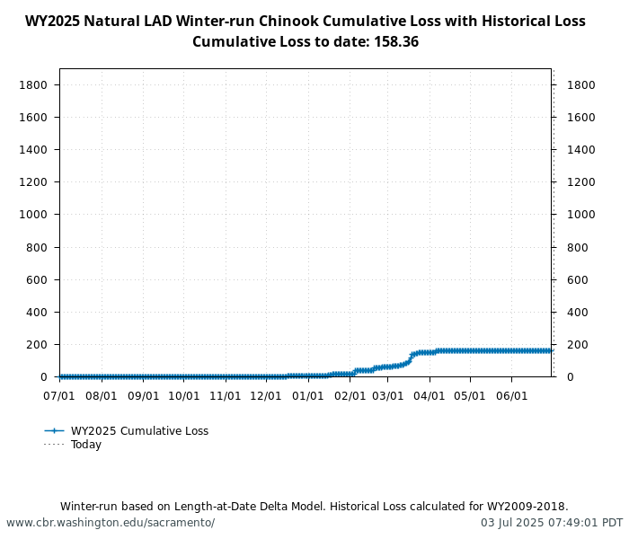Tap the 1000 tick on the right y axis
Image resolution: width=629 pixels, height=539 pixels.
tap(581, 215)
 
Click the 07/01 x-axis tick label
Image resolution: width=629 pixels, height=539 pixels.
tap(59, 395)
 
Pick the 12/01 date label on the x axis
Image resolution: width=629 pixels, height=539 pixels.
tap(266, 395)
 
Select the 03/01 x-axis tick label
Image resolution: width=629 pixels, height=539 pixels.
tap(388, 395)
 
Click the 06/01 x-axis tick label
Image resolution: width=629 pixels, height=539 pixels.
tap(512, 395)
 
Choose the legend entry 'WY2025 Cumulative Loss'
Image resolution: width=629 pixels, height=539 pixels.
tap(139, 431)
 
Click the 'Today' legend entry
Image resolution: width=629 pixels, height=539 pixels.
tap(86, 445)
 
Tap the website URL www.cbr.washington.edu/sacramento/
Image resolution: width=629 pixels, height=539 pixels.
tap(111, 523)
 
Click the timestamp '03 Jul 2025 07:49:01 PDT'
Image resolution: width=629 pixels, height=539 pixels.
tap(551, 523)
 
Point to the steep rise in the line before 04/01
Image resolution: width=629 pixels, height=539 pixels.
tap(411, 358)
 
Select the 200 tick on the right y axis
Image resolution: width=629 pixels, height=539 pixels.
tap(578, 345)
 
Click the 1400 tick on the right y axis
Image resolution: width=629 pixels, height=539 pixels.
tap(581, 149)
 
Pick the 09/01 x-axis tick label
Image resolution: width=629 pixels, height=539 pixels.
tap(143, 395)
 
